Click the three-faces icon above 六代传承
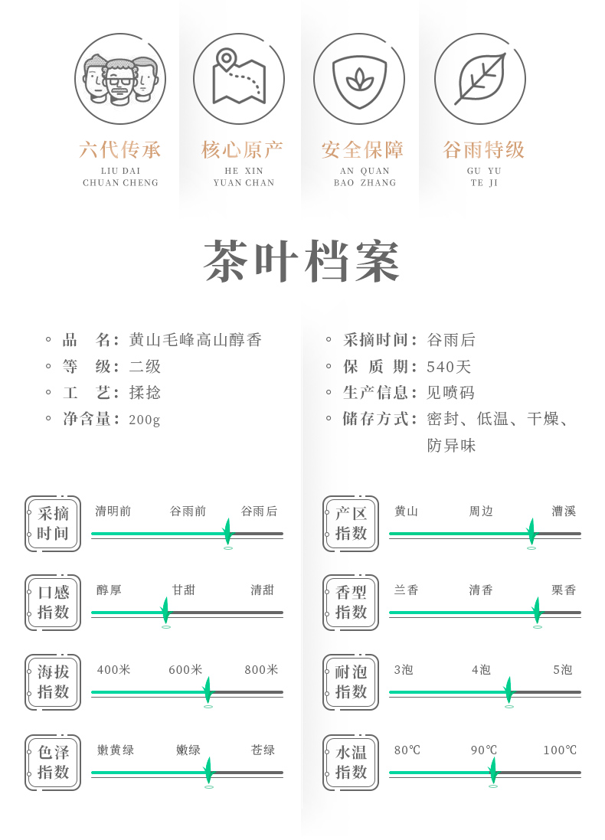[120, 79]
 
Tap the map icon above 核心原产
[238, 79]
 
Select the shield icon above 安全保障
[358, 79]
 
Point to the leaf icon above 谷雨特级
[480, 79]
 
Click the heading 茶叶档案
[302, 263]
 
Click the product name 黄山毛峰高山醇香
[195, 340]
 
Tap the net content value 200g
[145, 420]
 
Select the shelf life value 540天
[450, 367]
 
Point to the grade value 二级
[146, 367]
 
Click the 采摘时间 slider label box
[53, 524]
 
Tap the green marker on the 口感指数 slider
[165, 611]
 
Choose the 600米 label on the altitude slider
[185, 670]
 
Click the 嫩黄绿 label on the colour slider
[116, 750]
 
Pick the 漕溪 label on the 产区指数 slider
[564, 512]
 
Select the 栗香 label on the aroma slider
[564, 590]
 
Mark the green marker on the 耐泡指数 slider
[509, 691]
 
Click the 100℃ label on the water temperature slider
[560, 750]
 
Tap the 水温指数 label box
[351, 763]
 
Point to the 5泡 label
[563, 670]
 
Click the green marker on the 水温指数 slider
[492, 770]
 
